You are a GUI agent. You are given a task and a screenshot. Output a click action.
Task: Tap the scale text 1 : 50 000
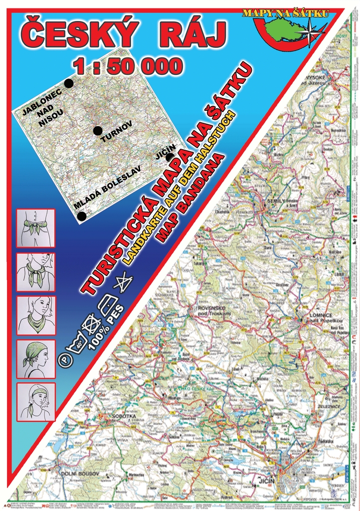127,66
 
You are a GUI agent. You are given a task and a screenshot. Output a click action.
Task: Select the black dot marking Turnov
98,131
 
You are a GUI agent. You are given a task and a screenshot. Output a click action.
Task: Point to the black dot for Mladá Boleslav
82,216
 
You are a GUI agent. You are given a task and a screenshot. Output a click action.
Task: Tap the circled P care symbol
63,359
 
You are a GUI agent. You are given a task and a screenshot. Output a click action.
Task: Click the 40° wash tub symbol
78,343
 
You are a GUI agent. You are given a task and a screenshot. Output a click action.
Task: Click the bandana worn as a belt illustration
36,229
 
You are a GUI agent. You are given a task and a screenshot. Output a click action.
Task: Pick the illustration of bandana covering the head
36,359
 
